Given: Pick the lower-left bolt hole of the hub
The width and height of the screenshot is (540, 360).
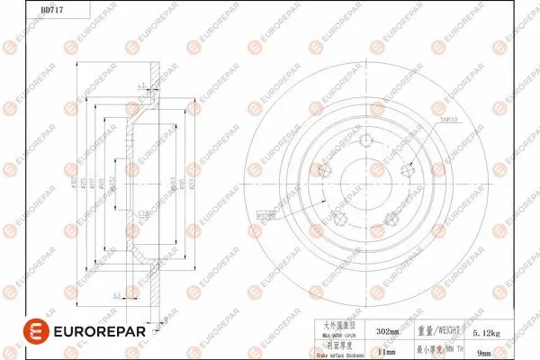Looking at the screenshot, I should (339, 219).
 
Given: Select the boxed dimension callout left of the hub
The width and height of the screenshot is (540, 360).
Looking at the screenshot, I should (266, 215).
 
